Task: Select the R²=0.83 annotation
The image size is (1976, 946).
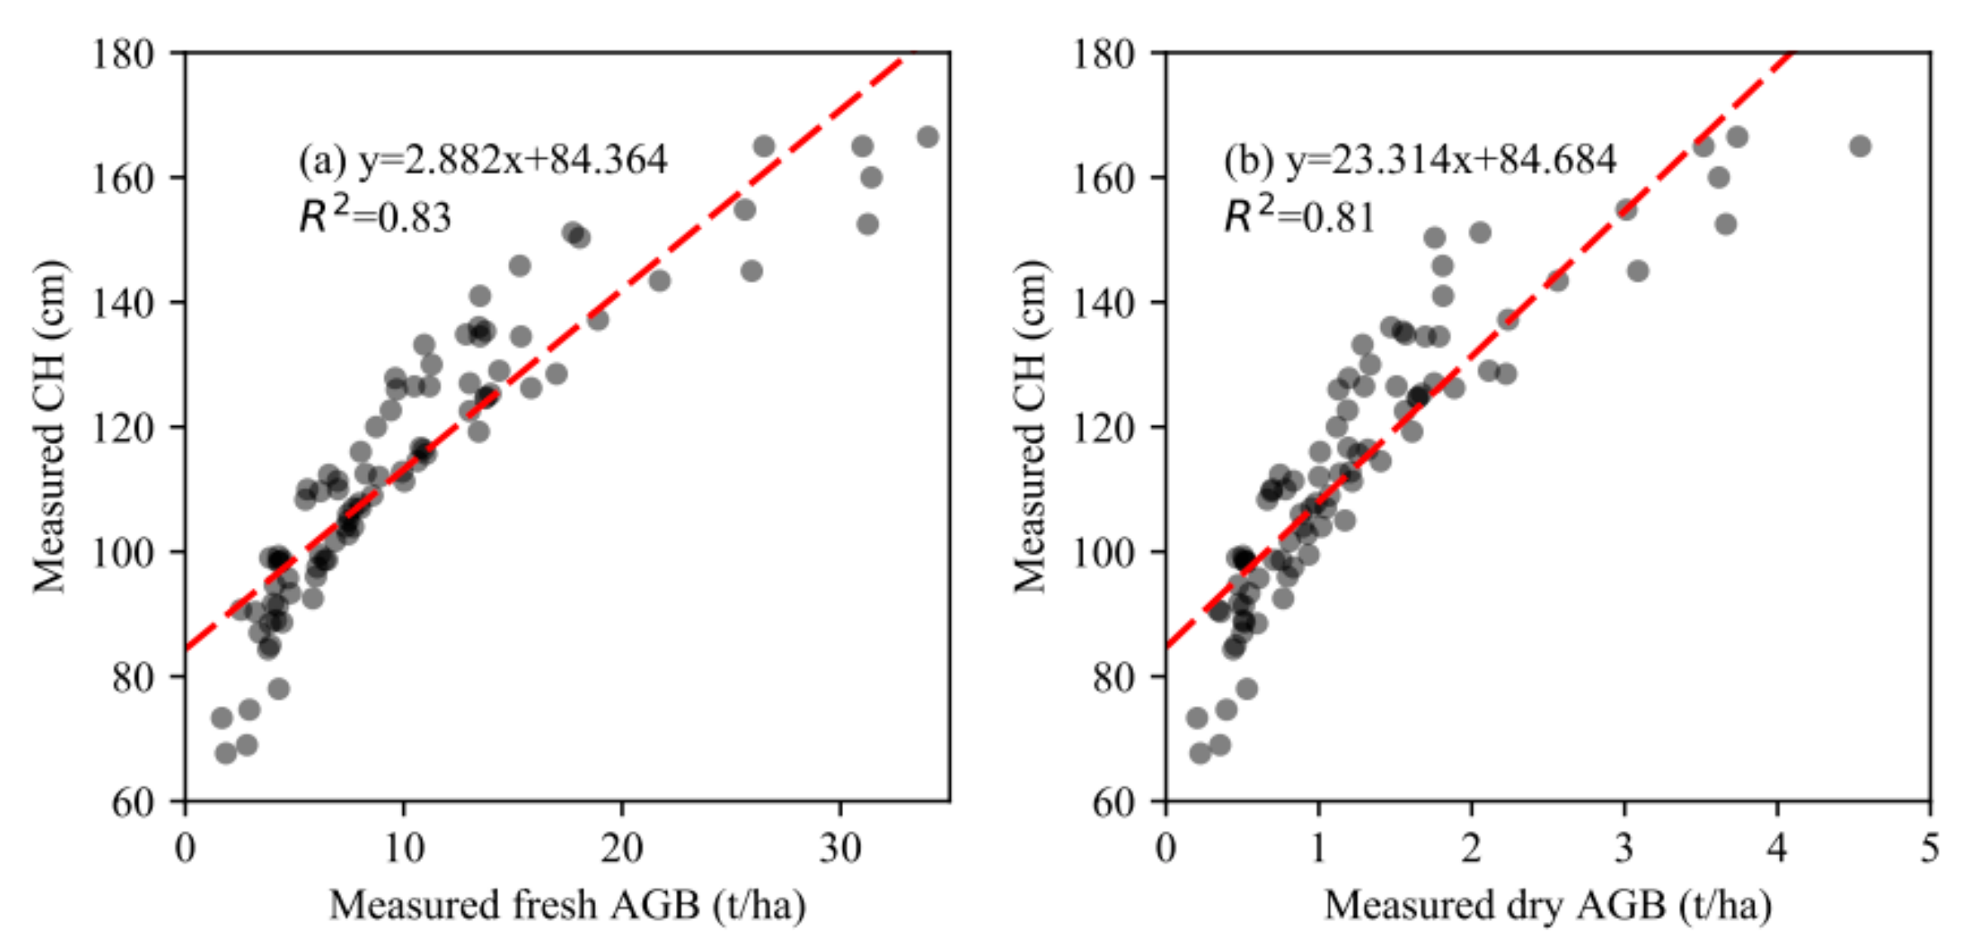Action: click(375, 217)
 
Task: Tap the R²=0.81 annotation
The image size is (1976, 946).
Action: click(1299, 217)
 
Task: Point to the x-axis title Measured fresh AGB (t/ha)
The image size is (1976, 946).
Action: click(568, 905)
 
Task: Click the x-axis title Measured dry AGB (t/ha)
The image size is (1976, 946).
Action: click(1548, 905)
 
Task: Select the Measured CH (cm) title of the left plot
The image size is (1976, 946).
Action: click(49, 427)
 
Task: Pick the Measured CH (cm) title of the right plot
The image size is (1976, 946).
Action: click(1029, 427)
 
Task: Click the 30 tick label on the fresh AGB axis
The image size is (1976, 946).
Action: click(840, 849)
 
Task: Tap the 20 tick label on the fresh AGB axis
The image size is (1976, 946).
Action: click(621, 849)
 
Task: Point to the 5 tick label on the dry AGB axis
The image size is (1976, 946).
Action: click(1930, 849)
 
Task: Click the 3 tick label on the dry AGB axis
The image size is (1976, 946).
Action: click(1624, 849)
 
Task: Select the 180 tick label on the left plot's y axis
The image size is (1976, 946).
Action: click(122, 55)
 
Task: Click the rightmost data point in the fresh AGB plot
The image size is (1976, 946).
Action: click(928, 137)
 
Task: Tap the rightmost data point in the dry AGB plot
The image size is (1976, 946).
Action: click(1860, 146)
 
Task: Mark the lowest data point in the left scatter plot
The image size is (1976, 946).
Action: click(226, 753)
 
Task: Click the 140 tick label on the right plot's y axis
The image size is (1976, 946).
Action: click(1103, 303)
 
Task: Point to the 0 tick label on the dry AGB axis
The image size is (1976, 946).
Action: click(1166, 849)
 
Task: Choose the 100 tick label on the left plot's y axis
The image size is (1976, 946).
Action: click(122, 552)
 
